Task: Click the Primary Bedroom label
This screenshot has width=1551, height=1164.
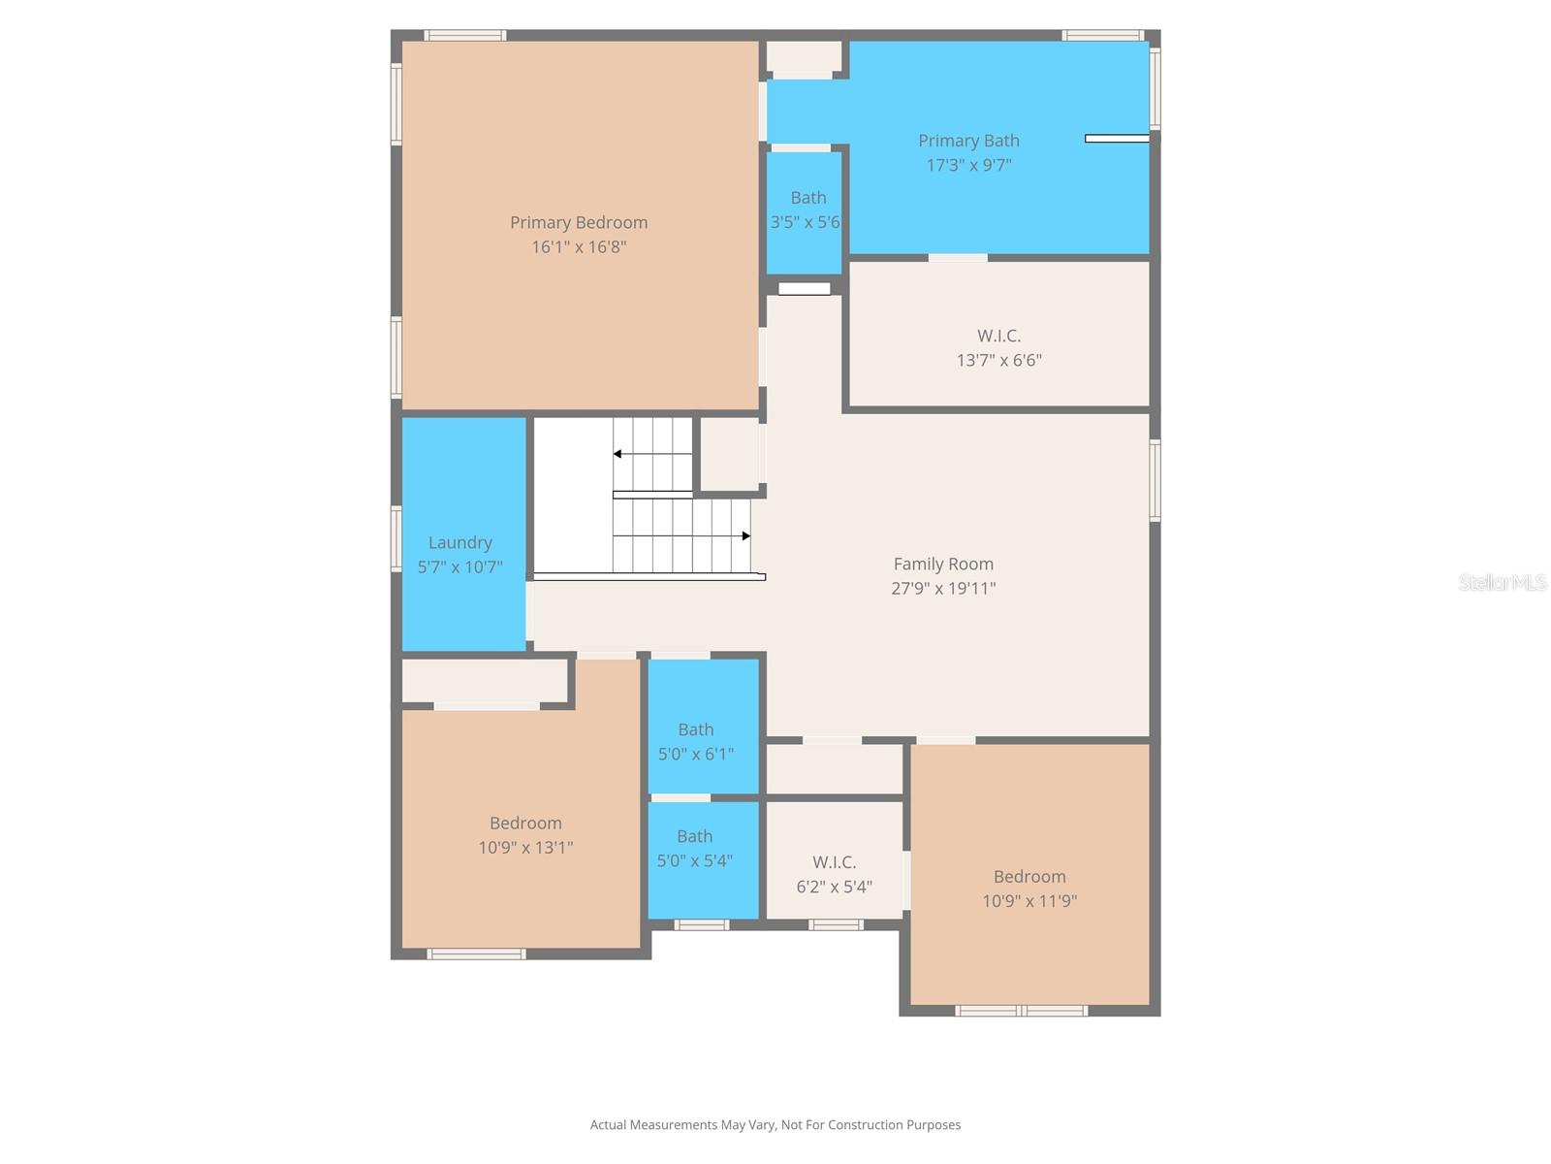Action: coord(579,222)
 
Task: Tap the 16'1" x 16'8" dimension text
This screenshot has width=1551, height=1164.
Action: coord(579,246)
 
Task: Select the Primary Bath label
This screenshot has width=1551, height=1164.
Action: coord(968,141)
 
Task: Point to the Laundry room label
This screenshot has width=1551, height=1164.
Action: coord(460,542)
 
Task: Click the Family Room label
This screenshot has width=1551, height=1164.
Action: coord(943,564)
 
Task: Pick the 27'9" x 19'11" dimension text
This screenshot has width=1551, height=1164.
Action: coord(943,588)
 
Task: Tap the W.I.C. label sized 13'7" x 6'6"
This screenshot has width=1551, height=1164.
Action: coord(998,336)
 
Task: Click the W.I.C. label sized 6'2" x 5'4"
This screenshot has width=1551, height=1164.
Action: coord(834,862)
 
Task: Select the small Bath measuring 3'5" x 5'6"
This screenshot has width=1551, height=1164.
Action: coord(807,198)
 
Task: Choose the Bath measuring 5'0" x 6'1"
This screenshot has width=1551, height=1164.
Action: coord(695,729)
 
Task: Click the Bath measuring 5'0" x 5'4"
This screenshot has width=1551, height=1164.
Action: coord(694,836)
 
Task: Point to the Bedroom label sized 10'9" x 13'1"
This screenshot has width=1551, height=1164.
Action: coord(525,823)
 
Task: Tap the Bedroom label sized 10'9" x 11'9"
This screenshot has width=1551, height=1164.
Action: coord(1029,876)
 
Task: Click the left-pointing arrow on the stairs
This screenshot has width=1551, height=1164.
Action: coord(617,454)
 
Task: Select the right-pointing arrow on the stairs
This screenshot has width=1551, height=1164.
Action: coord(745,535)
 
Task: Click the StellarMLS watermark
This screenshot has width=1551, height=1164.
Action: coord(1502,582)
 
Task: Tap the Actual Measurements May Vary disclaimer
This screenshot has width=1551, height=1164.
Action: coord(775,1125)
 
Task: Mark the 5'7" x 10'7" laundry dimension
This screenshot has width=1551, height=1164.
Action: coord(460,566)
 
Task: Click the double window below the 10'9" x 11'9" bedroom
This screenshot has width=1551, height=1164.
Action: coord(1021,1011)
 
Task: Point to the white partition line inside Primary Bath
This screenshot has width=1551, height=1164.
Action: coord(1117,139)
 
